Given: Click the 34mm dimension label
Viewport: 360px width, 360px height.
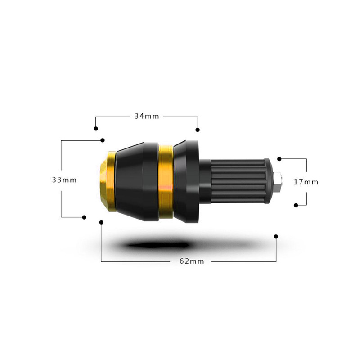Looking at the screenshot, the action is [147, 116].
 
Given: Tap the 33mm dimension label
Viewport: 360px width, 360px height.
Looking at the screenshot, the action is [64, 180].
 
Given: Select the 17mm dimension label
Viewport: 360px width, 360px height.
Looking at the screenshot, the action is [306, 182].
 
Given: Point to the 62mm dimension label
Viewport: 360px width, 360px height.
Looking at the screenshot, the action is [192, 261].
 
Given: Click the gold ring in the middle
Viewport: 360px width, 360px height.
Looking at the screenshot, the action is [166, 181].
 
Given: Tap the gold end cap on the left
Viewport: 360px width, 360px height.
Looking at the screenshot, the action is [108, 181].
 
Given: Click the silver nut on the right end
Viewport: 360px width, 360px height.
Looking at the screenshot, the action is [278, 182].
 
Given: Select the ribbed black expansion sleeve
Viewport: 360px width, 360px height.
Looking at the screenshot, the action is [240, 181].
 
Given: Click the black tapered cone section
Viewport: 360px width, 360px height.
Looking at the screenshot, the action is [137, 181].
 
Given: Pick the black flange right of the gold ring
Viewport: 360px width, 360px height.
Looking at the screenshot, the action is [186, 182].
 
